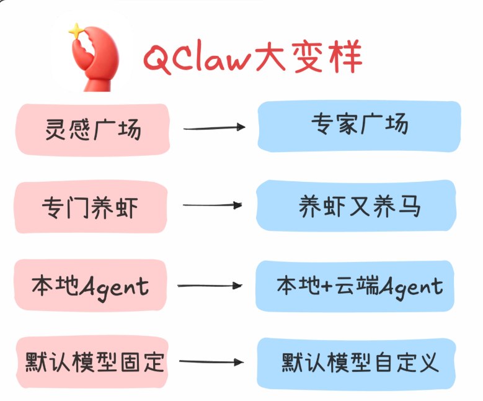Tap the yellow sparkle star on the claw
[76, 30]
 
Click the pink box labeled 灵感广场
[93, 129]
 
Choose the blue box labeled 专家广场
[359, 125]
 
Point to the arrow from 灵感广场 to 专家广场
[215, 128]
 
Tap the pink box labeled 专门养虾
[92, 207]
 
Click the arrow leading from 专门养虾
[213, 205]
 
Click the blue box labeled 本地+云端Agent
[359, 286]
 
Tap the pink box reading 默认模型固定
[93, 362]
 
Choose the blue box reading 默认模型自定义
[359, 362]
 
